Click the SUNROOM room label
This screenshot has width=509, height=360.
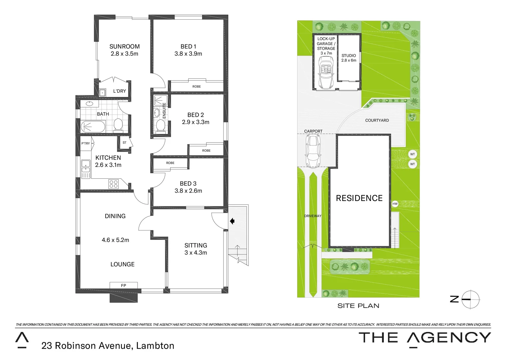pyautogui.click(x=124, y=47)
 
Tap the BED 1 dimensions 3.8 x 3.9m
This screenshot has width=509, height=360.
pyautogui.click(x=188, y=54)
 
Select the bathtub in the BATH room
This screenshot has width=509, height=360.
pyautogui.click(x=93, y=127)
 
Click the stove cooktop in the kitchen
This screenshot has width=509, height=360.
pyautogui.click(x=113, y=184)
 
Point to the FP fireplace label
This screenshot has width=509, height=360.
pyautogui.click(x=123, y=285)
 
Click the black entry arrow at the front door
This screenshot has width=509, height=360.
pyautogui.click(x=232, y=221)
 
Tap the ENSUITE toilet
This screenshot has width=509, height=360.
pyautogui.click(x=160, y=126)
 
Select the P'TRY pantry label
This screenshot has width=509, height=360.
pyautogui.click(x=86, y=143)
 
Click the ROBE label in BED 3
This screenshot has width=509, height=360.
pyautogui.click(x=170, y=163)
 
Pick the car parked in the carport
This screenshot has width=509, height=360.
pyautogui.click(x=313, y=151)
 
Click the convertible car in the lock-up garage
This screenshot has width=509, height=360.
pyautogui.click(x=326, y=72)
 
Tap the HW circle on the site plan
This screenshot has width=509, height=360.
pyautogui.click(x=395, y=204)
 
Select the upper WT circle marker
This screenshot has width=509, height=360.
pyautogui.click(x=412, y=154)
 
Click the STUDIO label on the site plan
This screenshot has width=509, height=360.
pyautogui.click(x=348, y=56)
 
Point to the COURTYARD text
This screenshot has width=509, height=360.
pyautogui.click(x=377, y=120)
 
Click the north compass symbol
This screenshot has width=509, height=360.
pyautogui.click(x=470, y=299)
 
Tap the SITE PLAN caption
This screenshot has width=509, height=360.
pyautogui.click(x=358, y=306)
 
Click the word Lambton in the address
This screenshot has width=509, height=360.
pyautogui.click(x=155, y=346)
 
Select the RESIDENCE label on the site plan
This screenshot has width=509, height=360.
pyautogui.click(x=359, y=198)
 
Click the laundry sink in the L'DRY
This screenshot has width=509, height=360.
pyautogui.click(x=103, y=92)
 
